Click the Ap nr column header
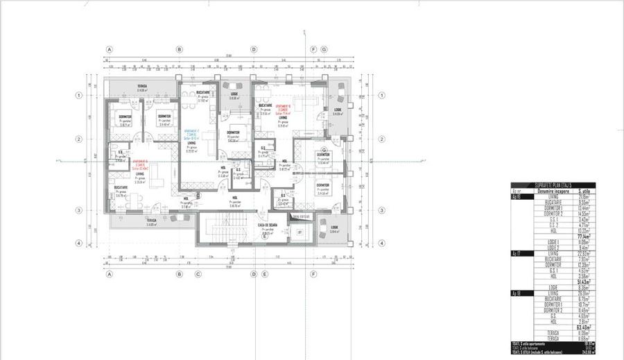point(516,191)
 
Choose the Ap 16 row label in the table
point(517,196)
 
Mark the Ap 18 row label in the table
point(517,293)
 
